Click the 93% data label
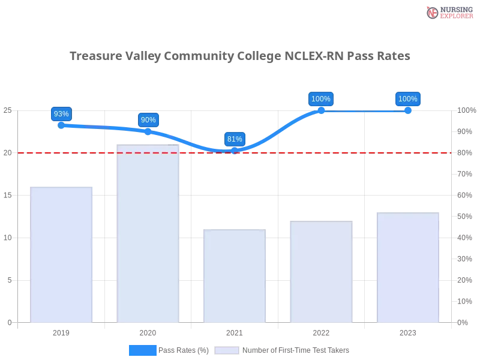point(61,113)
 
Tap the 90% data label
point(148,119)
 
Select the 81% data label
point(235,139)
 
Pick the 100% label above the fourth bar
point(321,98)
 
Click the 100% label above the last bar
point(408,98)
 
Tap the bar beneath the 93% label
point(62,252)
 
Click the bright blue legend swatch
point(143,350)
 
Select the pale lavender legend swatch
point(227,350)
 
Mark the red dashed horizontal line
point(360,152)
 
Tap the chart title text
point(240,56)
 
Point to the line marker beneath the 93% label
point(61,125)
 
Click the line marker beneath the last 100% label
point(408,111)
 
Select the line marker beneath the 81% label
point(235,153)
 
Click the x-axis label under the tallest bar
point(148,331)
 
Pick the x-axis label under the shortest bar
point(235,331)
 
